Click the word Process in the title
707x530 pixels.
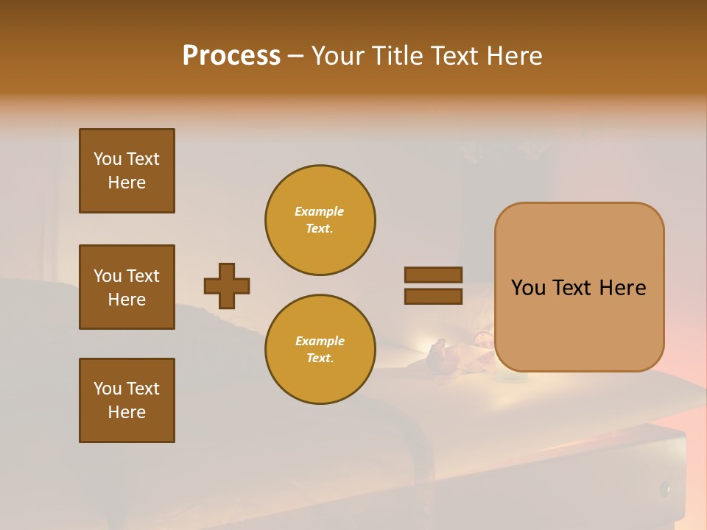231,55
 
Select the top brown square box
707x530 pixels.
127,171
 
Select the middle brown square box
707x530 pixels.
127,287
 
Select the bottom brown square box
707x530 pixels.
127,400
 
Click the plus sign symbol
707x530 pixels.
227,286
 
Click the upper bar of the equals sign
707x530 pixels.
433,275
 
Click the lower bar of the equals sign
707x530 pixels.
433,296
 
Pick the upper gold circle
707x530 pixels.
320,219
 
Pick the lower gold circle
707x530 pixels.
320,349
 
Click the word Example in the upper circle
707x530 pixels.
319,211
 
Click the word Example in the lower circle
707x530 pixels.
320,341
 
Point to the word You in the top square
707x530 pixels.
108,159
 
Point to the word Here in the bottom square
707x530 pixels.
127,412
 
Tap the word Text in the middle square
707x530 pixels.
142,276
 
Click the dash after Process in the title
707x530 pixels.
295,56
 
